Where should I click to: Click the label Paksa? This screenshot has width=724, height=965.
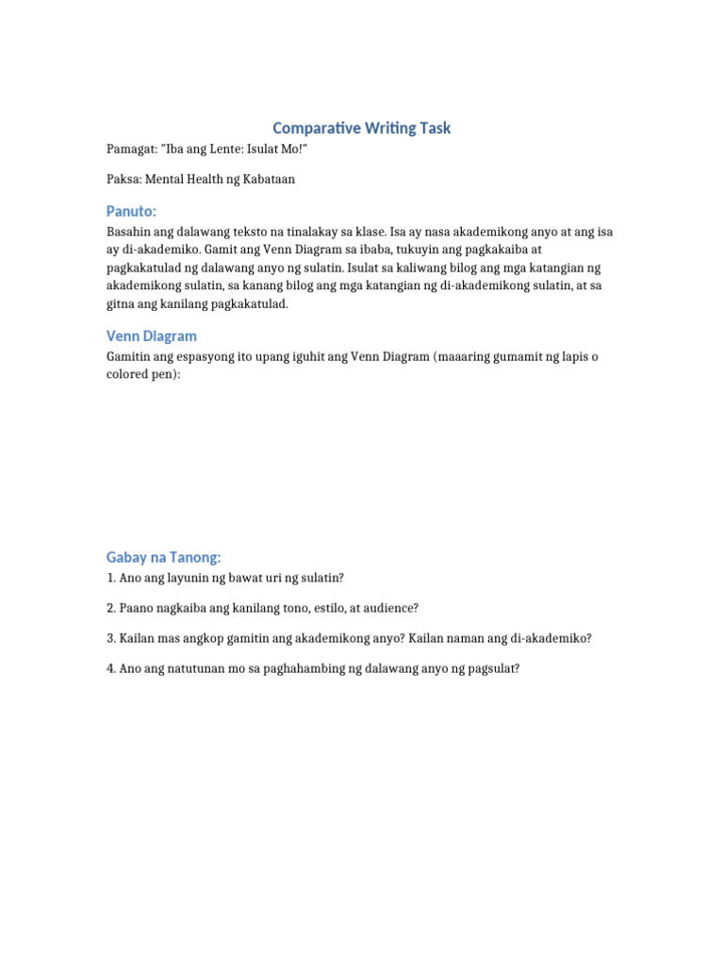click(124, 179)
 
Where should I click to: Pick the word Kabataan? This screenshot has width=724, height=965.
click(268, 179)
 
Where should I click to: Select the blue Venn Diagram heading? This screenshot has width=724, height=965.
click(152, 335)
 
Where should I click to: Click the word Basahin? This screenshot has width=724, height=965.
click(130, 232)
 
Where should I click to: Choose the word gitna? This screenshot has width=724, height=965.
click(123, 304)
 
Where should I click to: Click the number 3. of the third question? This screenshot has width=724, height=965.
click(111, 638)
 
